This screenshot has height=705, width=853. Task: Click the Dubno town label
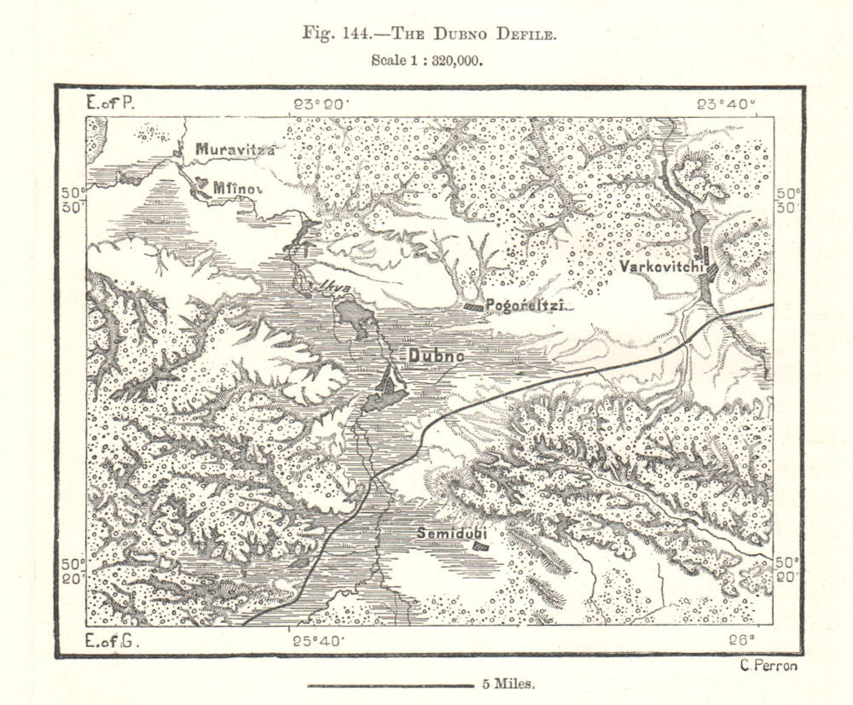pos(436,355)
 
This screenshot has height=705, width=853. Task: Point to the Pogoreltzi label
pos(525,306)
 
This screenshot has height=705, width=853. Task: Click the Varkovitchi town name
pos(661,267)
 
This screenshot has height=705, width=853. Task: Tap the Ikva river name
pos(334,288)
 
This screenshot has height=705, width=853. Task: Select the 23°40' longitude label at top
pos(724,104)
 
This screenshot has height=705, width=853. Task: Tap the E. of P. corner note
pos(111,103)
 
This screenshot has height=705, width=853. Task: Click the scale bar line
pos(390,685)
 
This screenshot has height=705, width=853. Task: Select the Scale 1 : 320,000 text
pos(427,61)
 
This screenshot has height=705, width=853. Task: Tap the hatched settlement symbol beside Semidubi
pos(482,541)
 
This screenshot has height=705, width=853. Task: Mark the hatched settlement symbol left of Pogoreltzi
pos(472,306)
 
